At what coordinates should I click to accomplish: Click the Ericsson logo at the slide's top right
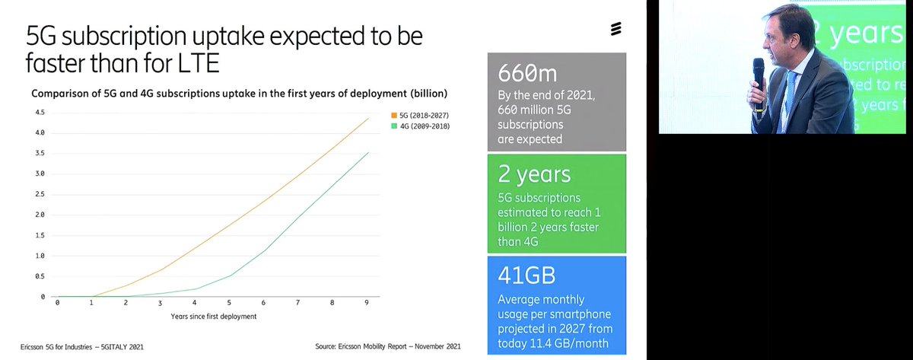pyautogui.click(x=616, y=30)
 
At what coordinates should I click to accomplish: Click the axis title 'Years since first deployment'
pyautogui.click(x=213, y=316)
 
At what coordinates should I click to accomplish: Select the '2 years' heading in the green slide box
pyautogui.click(x=534, y=174)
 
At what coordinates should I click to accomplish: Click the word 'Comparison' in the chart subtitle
pyautogui.click(x=60, y=94)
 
